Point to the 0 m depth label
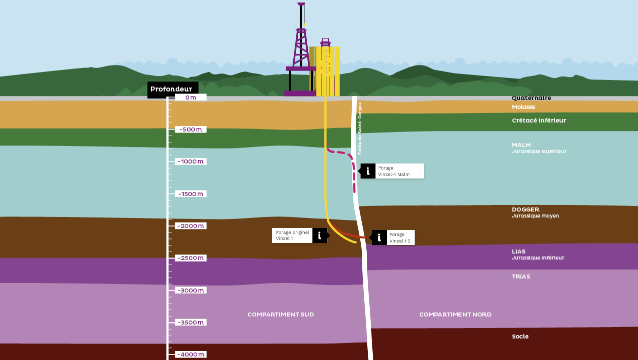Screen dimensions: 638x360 point(191,97)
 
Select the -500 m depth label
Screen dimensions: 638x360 point(191,129)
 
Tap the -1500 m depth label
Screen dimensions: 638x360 point(191,194)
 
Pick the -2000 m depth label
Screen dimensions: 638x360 point(191,226)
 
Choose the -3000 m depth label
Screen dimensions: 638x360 point(191,290)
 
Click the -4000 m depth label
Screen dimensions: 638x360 point(191,354)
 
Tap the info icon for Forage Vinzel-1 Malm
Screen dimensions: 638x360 point(368,171)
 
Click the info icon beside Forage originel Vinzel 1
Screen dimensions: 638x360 point(320,235)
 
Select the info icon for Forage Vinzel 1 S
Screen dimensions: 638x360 point(379,237)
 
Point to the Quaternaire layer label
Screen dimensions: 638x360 point(531,98)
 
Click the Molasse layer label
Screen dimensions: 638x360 point(523,107)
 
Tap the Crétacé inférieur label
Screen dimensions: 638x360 point(539,120)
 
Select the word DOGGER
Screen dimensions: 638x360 point(525,209)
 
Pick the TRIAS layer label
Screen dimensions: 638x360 point(520,276)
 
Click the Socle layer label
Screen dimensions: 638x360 point(520,336)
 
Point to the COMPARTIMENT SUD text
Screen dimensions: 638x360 point(281,314)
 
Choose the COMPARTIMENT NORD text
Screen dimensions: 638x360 point(455,314)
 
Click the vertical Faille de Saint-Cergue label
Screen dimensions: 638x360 point(360,128)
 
